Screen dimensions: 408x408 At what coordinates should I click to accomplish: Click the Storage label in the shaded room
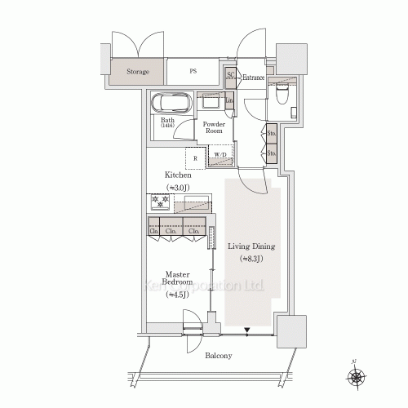tap(138, 72)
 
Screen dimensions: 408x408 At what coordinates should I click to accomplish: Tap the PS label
tap(193, 72)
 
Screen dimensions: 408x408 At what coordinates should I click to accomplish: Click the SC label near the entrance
tap(230, 76)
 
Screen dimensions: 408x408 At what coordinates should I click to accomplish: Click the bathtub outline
tap(171, 104)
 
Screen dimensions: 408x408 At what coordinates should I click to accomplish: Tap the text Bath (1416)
tap(167, 123)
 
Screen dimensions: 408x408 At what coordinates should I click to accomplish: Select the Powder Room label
tap(214, 127)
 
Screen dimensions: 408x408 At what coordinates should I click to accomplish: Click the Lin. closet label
tap(230, 100)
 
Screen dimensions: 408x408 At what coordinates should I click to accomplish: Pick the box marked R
tap(195, 157)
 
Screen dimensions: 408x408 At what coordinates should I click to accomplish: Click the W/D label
tap(220, 154)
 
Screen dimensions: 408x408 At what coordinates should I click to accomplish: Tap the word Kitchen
tap(178, 175)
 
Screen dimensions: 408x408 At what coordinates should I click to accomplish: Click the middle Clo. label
tap(171, 231)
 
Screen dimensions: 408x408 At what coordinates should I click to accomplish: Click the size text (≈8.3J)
tap(251, 259)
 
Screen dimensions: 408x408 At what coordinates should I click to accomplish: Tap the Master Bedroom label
tap(177, 278)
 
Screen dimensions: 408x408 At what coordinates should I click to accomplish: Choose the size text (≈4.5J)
tap(177, 295)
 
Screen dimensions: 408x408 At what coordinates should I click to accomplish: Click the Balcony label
tap(218, 356)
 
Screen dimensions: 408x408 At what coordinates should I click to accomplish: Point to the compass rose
tap(357, 377)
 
